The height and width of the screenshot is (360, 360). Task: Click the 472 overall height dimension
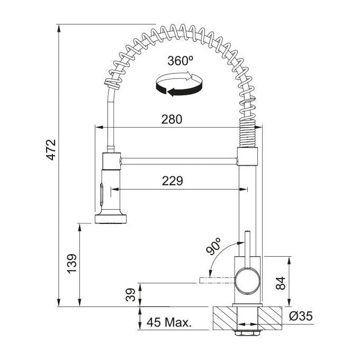pyautogui.click(x=51, y=149)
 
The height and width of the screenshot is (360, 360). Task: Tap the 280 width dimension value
pyautogui.click(x=172, y=120)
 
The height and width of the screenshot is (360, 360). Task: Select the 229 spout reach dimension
pyautogui.click(x=173, y=181)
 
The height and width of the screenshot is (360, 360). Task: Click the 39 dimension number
pyautogui.click(x=131, y=295)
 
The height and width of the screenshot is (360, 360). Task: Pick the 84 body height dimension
pyautogui.click(x=281, y=283)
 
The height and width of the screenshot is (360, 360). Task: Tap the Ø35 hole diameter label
pyautogui.click(x=301, y=316)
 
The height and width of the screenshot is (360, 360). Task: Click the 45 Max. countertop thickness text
pyautogui.click(x=169, y=322)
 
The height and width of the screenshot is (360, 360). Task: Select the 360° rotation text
pyautogui.click(x=180, y=61)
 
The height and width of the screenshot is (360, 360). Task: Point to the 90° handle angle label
pyautogui.click(x=213, y=246)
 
